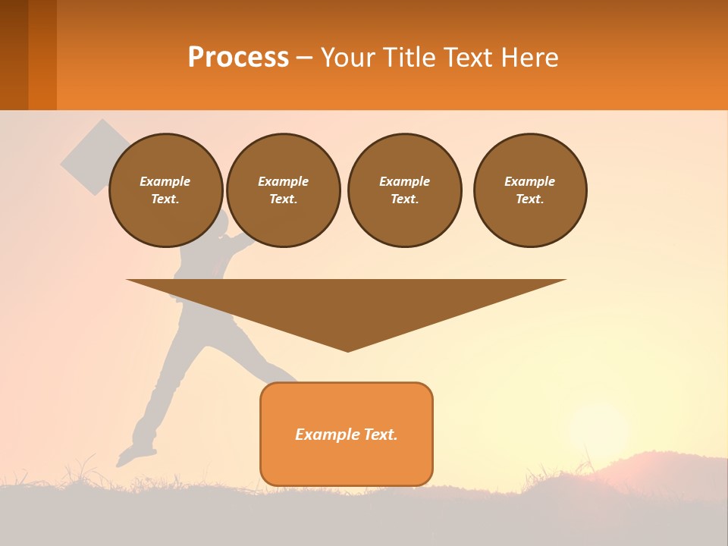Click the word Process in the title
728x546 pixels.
[238, 58]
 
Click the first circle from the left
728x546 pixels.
[165, 190]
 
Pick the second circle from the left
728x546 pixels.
[283, 190]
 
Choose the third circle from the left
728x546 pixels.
[404, 190]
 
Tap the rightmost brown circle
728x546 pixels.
[529, 190]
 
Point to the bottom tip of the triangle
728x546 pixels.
[347, 350]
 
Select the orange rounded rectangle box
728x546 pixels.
[347, 434]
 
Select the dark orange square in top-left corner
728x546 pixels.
[28, 55]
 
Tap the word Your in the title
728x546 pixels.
[347, 58]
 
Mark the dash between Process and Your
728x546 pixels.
[304, 58]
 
